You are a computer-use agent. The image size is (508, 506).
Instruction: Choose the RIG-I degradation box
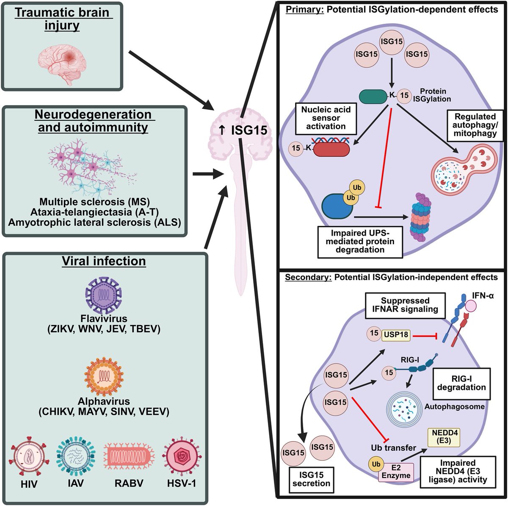pyautogui.click(x=461, y=383)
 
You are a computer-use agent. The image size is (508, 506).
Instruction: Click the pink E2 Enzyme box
pyautogui.click(x=395, y=471)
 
